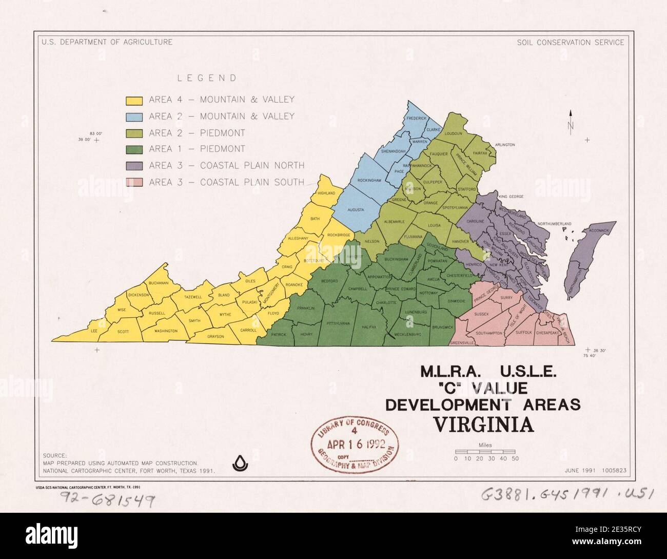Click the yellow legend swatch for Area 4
(x=134, y=100)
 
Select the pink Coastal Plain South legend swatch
(x=134, y=182)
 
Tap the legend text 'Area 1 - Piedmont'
(x=197, y=149)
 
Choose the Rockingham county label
(x=369, y=181)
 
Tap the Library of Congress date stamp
(x=355, y=441)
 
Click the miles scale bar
(x=486, y=451)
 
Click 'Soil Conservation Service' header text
(x=571, y=42)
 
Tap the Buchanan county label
(x=159, y=283)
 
